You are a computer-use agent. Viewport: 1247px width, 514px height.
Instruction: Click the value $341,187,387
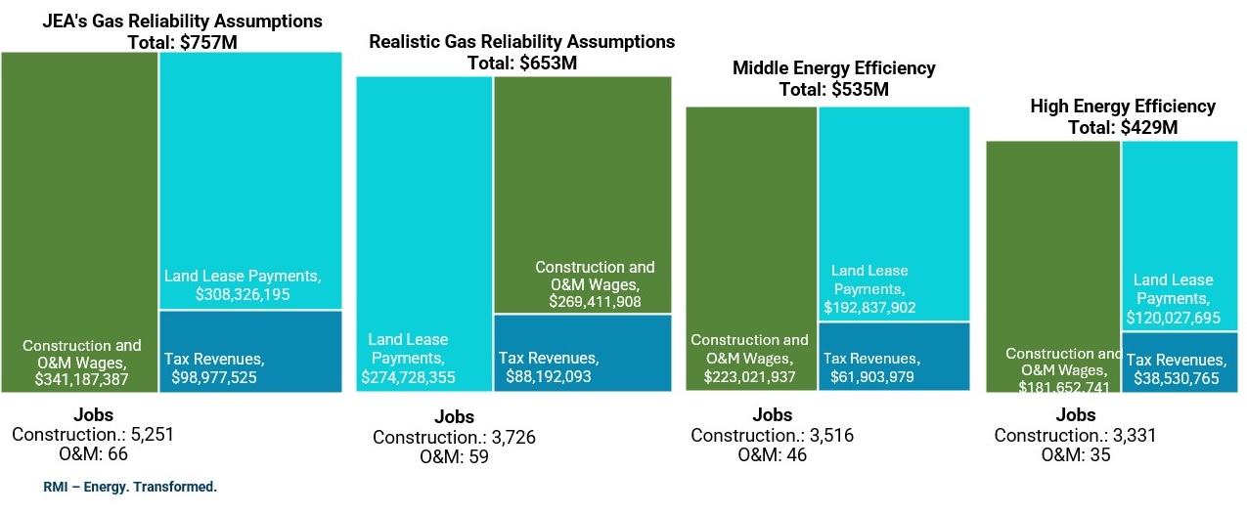(82, 377)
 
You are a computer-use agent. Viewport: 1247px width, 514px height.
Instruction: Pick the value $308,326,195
(243, 294)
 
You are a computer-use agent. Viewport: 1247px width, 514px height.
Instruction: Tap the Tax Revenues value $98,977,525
(214, 376)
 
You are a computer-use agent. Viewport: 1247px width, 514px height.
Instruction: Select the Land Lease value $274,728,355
(408, 376)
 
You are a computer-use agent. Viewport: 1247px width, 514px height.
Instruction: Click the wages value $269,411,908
(595, 302)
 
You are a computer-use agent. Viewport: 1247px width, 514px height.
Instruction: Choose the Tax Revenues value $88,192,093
(549, 376)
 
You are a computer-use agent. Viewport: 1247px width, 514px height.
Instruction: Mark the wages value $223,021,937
(749, 376)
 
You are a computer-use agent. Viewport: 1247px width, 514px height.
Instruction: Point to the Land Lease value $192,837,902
(869, 308)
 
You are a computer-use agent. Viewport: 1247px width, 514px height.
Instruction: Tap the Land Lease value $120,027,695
(1173, 318)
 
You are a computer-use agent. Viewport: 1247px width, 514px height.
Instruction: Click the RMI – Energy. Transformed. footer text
(130, 487)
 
